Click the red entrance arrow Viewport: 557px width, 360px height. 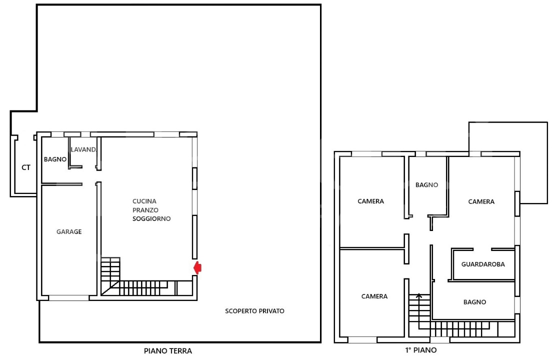pyautogui.click(x=198, y=268)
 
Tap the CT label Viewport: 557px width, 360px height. pyautogui.click(x=25, y=167)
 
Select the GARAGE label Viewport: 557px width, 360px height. pyautogui.click(x=69, y=231)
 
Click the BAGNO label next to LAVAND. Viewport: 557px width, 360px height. pyautogui.click(x=55, y=159)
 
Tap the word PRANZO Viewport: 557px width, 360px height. pyautogui.click(x=145, y=210)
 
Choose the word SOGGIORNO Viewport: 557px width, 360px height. pyautogui.click(x=151, y=219)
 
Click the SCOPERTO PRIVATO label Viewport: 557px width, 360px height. pyautogui.click(x=254, y=311)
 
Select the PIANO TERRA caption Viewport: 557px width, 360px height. pyautogui.click(x=168, y=351)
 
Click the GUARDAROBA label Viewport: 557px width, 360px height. pyautogui.click(x=483, y=264)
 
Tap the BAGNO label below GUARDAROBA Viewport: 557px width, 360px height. pyautogui.click(x=474, y=302)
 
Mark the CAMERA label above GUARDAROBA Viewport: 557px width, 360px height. pyautogui.click(x=481, y=201)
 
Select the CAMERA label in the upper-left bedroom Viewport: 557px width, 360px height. pyautogui.click(x=370, y=201)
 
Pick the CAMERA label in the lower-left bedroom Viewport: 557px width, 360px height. pyautogui.click(x=374, y=296)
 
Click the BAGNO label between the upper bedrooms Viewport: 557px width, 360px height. pyautogui.click(x=426, y=185)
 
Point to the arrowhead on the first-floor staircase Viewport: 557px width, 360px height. pyautogui.click(x=419, y=295)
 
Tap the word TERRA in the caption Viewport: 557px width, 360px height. pyautogui.click(x=181, y=351)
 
